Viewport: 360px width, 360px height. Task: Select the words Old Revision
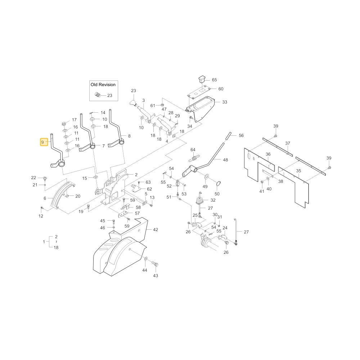(x=103, y=85)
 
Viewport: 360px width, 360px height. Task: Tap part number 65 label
(x=215, y=80)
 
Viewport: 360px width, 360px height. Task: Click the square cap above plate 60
(x=202, y=79)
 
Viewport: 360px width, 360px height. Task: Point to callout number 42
(x=156, y=230)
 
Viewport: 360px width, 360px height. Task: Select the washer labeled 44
(x=146, y=259)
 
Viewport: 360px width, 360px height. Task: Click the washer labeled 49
(x=206, y=176)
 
